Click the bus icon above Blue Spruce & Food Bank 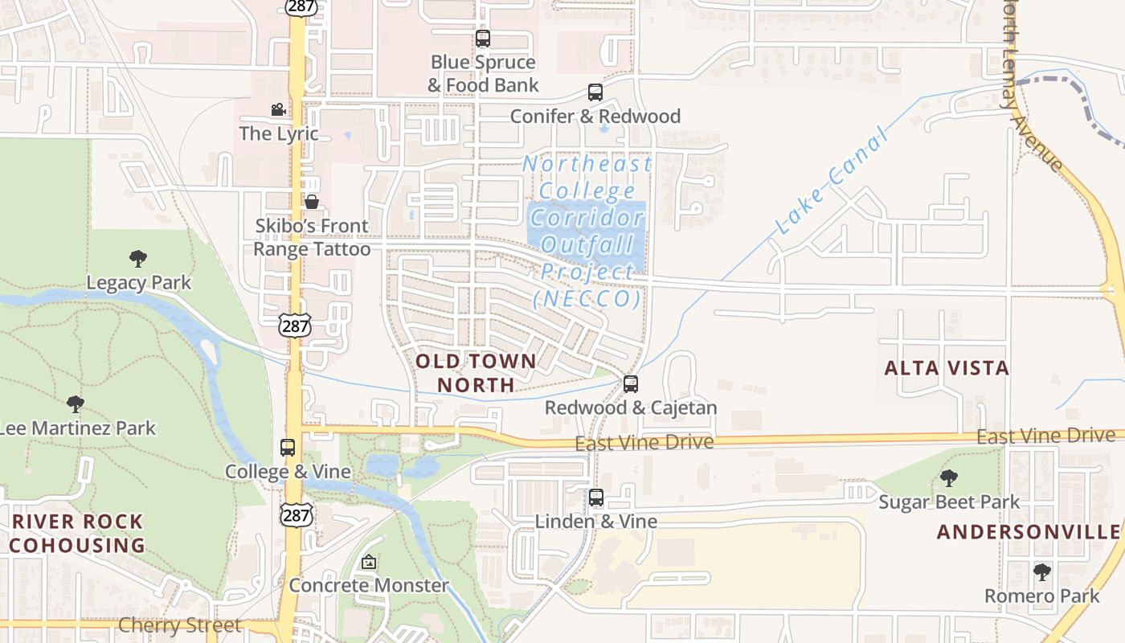coord(483,38)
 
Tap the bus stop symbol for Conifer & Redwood coord(595,92)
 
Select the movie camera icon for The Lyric coord(278,109)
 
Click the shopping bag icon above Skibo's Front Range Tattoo coord(312,202)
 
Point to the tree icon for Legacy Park coord(138,259)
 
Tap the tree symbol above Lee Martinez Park coord(76,403)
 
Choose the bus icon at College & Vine coord(288,448)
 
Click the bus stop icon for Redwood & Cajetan coord(631,384)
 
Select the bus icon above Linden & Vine coord(596,498)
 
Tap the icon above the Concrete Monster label coord(369,562)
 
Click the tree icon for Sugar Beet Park coord(949,478)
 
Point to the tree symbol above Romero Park coord(1042,572)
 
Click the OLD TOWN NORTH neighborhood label coord(476,373)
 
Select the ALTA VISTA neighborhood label coord(947,368)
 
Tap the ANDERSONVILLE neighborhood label coord(1029,532)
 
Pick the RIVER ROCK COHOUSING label coord(77,533)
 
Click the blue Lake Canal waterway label coord(833,181)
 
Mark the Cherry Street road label coord(179,625)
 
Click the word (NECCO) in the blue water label coord(587,299)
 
